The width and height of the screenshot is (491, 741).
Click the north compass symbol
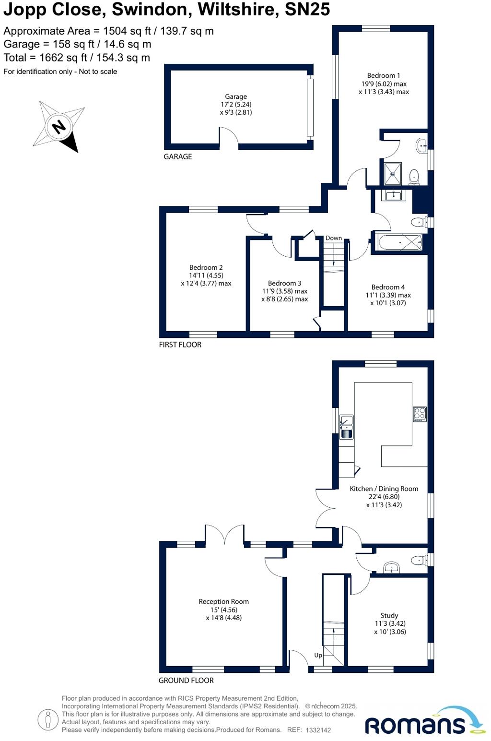pyautogui.click(x=58, y=127)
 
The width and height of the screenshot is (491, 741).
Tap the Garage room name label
pyautogui.click(x=236, y=96)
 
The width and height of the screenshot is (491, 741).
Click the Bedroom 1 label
pyautogui.click(x=384, y=75)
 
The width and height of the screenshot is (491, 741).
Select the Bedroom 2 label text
pyautogui.click(x=206, y=267)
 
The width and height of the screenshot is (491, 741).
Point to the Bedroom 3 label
pyautogui.click(x=284, y=283)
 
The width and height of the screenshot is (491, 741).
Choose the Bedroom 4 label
pyautogui.click(x=388, y=287)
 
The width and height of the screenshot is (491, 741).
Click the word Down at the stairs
pyautogui.click(x=334, y=238)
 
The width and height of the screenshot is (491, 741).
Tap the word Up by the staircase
pyautogui.click(x=318, y=655)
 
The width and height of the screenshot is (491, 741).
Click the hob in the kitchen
pyautogui.click(x=420, y=414)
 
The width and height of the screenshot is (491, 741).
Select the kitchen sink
pyautogui.click(x=346, y=427)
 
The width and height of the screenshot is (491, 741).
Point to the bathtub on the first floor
pyautogui.click(x=400, y=242)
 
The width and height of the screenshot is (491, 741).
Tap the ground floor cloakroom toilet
pyautogui.click(x=420, y=560)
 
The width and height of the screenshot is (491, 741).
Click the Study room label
pyautogui.click(x=389, y=615)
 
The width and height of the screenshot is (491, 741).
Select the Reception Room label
pyautogui.click(x=223, y=601)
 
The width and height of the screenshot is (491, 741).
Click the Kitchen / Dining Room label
pyautogui.click(x=384, y=489)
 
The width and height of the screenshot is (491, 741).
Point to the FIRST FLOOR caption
pyautogui.click(x=180, y=345)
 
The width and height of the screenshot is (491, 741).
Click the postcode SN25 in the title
pyautogui.click(x=307, y=10)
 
